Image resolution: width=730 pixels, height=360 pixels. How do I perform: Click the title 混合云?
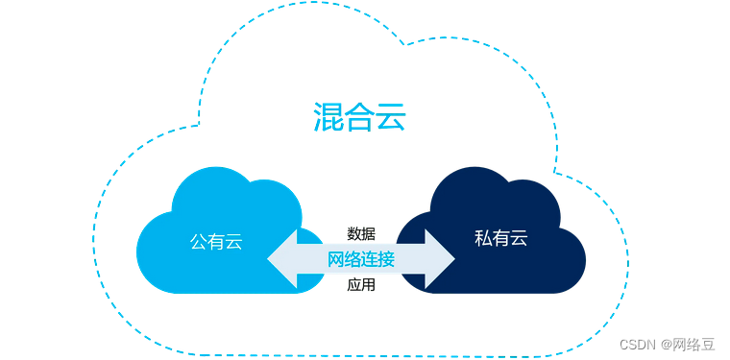pyautogui.click(x=359, y=118)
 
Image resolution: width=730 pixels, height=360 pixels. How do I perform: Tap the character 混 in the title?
pyautogui.click(x=328, y=118)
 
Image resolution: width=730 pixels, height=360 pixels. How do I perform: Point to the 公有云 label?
pyautogui.click(x=215, y=241)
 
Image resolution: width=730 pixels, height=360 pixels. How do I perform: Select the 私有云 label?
pyautogui.click(x=501, y=238)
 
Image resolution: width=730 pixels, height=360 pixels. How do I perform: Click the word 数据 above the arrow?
pyautogui.click(x=361, y=233)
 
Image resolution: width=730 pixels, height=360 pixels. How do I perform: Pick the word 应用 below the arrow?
pyautogui.click(x=361, y=285)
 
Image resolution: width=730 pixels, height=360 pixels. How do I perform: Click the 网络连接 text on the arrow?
pyautogui.click(x=361, y=259)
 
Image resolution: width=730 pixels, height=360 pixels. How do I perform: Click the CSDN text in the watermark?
pyautogui.click(x=637, y=345)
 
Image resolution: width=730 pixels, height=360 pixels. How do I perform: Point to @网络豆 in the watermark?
pyautogui.click(x=687, y=345)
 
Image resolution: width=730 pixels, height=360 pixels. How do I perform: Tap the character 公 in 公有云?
pyautogui.click(x=198, y=241)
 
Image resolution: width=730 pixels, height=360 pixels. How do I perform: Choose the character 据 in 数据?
pyautogui.click(x=369, y=233)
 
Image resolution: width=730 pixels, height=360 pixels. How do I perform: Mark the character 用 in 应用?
pyautogui.click(x=369, y=285)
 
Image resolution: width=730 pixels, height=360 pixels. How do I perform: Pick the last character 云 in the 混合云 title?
pyautogui.click(x=391, y=118)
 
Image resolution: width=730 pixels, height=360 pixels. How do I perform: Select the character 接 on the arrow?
pyautogui.click(x=386, y=259)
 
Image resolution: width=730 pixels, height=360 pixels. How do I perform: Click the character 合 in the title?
pyautogui.click(x=359, y=118)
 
